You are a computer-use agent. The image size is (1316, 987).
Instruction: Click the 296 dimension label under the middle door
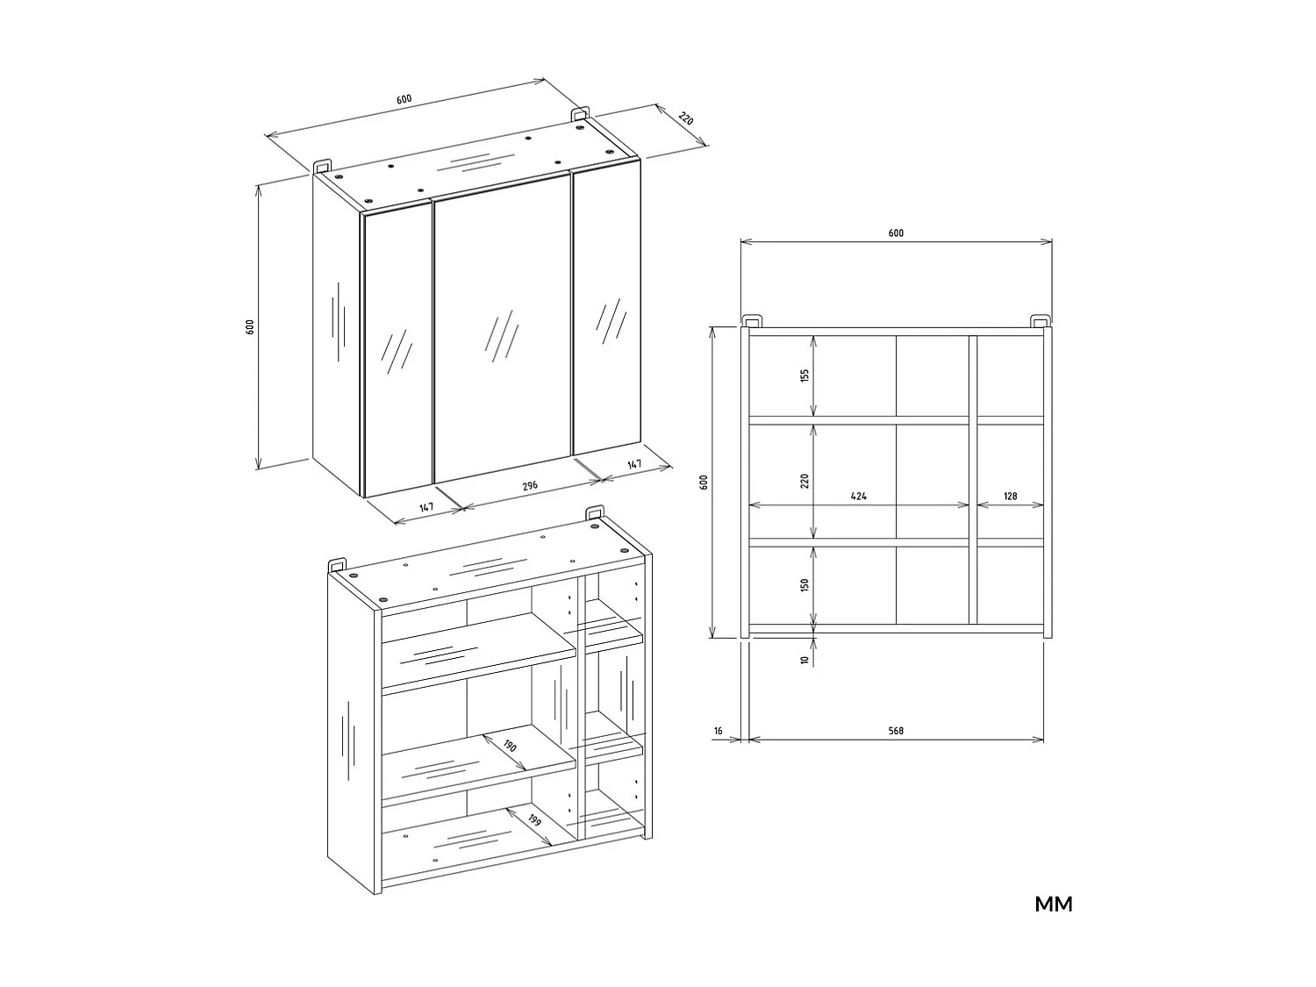pyautogui.click(x=529, y=485)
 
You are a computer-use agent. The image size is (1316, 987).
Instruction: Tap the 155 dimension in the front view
pyautogui.click(x=805, y=375)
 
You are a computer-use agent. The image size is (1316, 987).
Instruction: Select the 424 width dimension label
pyautogui.click(x=858, y=497)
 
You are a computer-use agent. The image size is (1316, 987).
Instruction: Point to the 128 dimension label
pyautogui.click(x=1010, y=497)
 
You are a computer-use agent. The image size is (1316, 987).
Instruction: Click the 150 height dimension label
pyautogui.click(x=805, y=585)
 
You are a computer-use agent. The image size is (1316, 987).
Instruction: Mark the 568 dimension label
pyautogui.click(x=895, y=731)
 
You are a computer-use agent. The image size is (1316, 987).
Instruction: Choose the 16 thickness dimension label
pyautogui.click(x=719, y=731)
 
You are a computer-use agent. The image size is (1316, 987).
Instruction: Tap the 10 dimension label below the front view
pyautogui.click(x=805, y=660)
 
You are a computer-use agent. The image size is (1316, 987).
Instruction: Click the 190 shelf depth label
pyautogui.click(x=510, y=747)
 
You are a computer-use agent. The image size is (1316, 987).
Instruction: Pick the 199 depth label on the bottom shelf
pyautogui.click(x=533, y=820)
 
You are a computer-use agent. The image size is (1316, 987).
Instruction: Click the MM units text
pyautogui.click(x=1053, y=904)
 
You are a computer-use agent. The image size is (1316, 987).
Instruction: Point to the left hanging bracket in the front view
pyautogui.click(x=752, y=319)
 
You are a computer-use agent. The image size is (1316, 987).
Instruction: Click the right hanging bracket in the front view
pyautogui.click(x=1039, y=319)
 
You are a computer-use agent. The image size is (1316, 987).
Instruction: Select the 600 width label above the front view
pyautogui.click(x=895, y=233)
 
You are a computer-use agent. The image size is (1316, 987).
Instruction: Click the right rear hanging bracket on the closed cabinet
pyautogui.click(x=580, y=114)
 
